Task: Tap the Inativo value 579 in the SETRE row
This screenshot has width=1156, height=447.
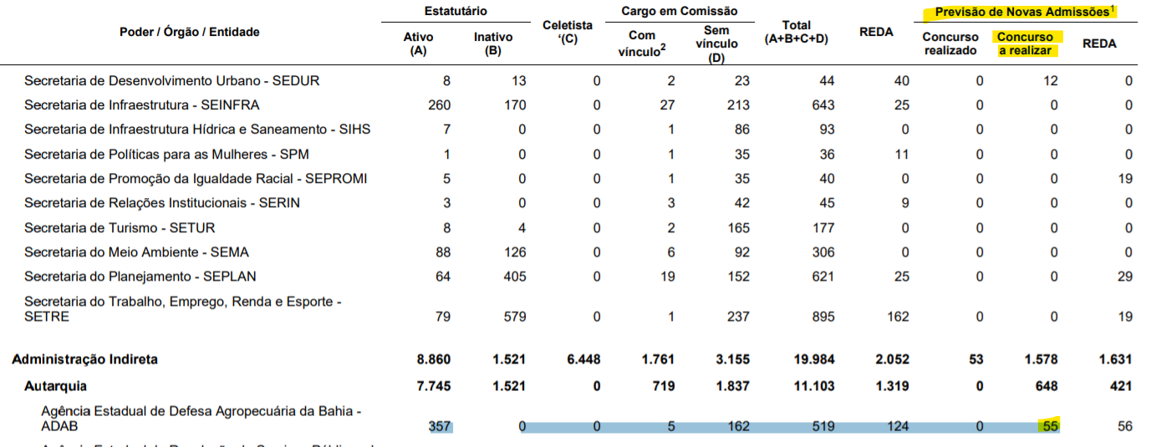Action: (x=514, y=317)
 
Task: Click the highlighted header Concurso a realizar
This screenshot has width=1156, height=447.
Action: (x=1026, y=43)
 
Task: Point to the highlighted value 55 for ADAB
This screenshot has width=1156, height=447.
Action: (x=1049, y=426)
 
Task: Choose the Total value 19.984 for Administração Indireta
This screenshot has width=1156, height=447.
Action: (x=813, y=360)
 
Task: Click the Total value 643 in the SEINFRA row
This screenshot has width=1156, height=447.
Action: (x=822, y=105)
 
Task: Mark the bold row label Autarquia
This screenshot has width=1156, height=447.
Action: (x=55, y=386)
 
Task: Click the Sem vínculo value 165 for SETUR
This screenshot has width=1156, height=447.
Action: (x=738, y=227)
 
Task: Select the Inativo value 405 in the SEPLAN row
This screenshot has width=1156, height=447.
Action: (x=514, y=277)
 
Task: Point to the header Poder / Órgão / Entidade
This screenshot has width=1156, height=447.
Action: (x=190, y=32)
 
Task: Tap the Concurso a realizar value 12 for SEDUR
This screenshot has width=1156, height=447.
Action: (x=1050, y=81)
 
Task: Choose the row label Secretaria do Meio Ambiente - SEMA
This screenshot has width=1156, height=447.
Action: (x=136, y=252)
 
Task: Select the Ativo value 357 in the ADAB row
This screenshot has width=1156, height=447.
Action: (x=438, y=426)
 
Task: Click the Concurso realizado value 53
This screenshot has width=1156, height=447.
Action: (x=975, y=360)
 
